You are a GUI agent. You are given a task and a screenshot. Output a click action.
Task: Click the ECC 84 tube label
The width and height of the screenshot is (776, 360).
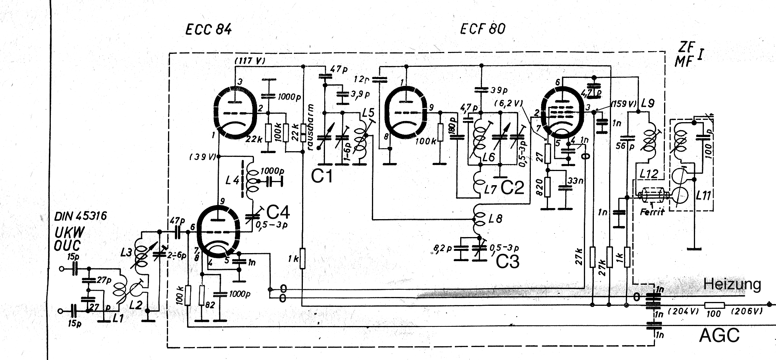click(208, 29)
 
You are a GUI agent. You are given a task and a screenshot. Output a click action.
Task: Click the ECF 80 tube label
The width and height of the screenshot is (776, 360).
click(483, 29)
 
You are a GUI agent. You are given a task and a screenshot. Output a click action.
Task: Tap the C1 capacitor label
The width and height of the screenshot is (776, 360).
click(322, 176)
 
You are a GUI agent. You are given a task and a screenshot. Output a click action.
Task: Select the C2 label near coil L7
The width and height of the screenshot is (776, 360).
click(512, 187)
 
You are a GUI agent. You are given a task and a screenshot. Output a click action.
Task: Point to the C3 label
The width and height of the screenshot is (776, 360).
click(508, 262)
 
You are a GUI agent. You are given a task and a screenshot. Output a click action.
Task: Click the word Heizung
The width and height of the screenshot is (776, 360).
click(732, 284)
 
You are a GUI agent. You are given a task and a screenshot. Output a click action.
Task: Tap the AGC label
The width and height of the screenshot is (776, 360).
click(719, 335)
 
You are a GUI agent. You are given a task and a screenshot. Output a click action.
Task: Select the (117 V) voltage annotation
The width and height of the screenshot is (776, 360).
click(250, 61)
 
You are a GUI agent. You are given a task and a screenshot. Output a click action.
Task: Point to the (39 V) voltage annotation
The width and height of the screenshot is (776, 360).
click(202, 157)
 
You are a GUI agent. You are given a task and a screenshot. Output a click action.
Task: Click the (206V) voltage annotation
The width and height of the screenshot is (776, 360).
click(747, 311)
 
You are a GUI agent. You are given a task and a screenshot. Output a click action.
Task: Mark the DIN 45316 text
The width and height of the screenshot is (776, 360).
click(80, 216)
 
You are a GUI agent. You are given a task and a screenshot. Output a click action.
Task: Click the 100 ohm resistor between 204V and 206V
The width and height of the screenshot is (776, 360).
click(714, 305)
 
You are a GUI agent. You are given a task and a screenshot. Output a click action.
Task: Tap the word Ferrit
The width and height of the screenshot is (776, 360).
click(652, 211)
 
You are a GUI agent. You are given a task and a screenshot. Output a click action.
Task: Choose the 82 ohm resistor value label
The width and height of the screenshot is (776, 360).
click(210, 305)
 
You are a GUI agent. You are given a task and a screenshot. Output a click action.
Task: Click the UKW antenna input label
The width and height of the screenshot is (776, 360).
click(69, 232)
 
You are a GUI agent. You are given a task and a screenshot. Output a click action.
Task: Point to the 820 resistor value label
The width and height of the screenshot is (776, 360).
click(540, 187)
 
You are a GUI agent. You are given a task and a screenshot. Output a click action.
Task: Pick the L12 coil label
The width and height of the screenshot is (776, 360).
click(648, 174)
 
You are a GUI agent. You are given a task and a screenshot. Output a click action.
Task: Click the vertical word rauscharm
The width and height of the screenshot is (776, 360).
click(310, 127)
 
